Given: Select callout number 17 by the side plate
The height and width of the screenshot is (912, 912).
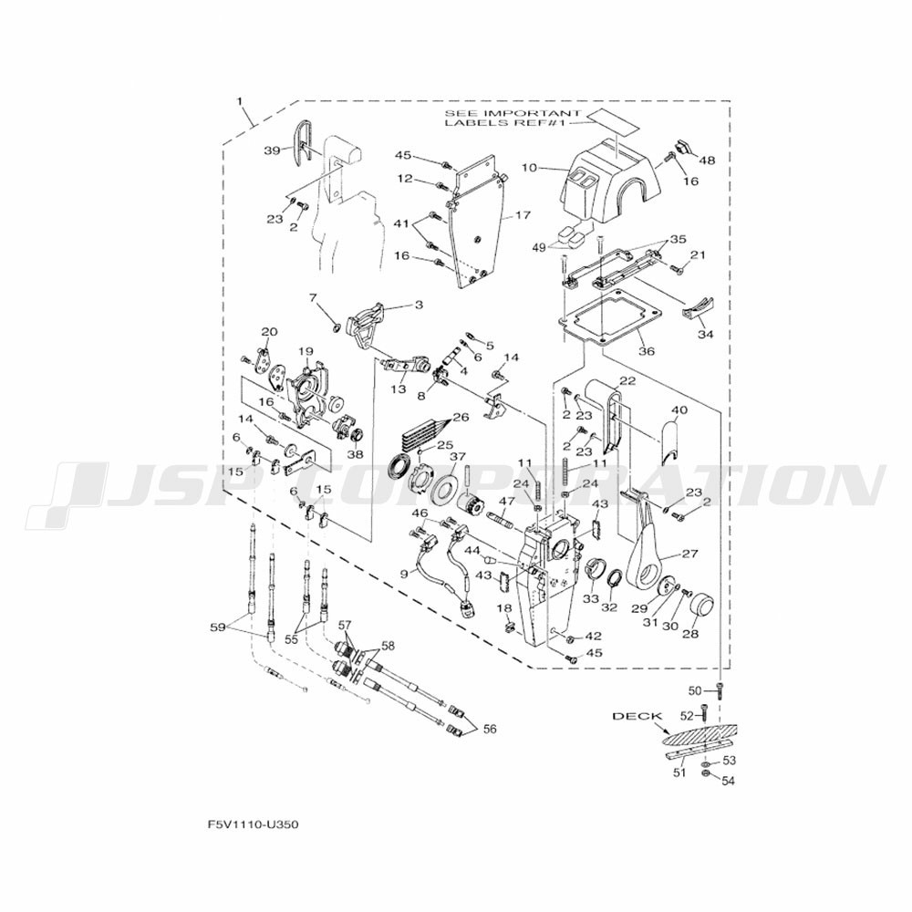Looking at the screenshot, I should click(x=523, y=216).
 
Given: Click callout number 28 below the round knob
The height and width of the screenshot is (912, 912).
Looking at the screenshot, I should click(x=690, y=634).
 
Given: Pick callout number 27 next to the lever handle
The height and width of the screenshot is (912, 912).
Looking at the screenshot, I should click(x=689, y=553).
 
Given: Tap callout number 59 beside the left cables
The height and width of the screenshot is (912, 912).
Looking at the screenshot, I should click(x=217, y=627).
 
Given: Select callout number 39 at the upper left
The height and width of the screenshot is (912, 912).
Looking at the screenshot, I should click(x=273, y=151).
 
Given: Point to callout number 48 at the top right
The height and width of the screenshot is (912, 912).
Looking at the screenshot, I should click(x=708, y=161).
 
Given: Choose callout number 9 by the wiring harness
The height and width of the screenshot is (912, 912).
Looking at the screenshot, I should click(x=404, y=574).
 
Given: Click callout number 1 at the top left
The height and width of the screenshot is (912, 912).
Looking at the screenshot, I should click(x=240, y=98).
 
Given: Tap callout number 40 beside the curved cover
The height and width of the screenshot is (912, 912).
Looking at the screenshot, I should click(x=679, y=409).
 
